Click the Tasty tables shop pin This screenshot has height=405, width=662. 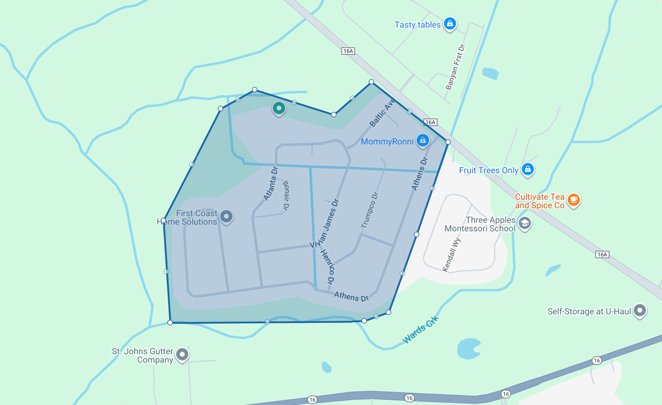point(450,24)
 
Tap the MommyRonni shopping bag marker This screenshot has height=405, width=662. point(423,140)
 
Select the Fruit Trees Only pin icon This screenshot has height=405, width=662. point(528,169)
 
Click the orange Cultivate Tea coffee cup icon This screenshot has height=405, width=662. point(573,199)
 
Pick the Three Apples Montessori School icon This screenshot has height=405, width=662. point(524,223)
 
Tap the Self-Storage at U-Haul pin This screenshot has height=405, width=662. point(640,310)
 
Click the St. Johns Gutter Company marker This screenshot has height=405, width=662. point(182,354)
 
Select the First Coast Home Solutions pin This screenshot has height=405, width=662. point(226,216)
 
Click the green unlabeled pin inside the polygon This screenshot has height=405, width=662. point(279,108)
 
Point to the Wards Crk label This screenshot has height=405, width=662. point(420,329)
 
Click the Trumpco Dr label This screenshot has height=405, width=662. point(370,210)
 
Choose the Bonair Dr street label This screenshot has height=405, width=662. point(285,195)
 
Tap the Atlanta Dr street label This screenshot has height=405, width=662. point(270,183)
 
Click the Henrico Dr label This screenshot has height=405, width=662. point(328,267)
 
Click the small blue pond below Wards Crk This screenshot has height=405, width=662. point(469,349)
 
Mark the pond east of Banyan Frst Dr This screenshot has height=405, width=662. point(490,73)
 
